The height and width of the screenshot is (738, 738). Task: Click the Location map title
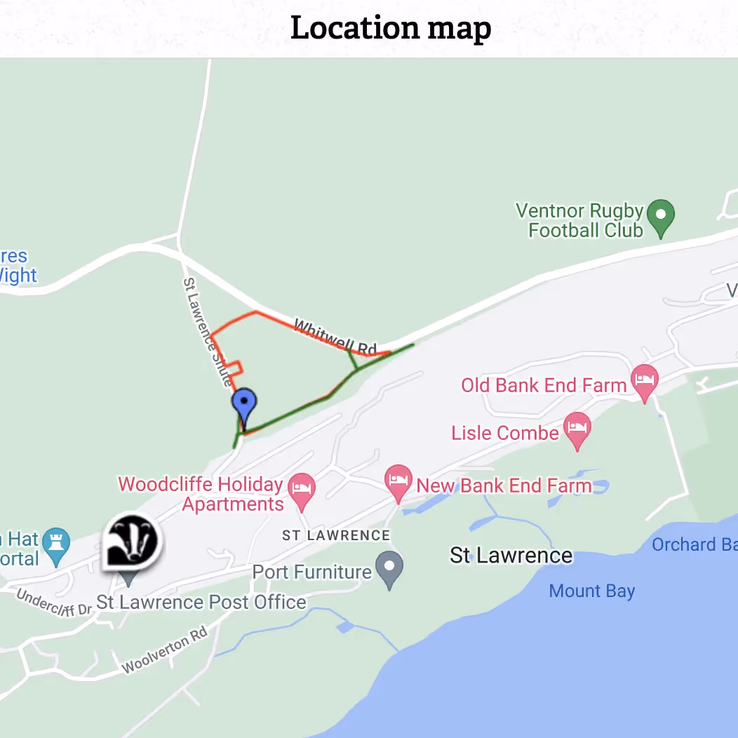pyautogui.click(x=391, y=29)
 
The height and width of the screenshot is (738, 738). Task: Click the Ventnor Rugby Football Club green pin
pyautogui.click(x=660, y=217)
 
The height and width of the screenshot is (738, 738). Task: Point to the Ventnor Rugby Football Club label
pyautogui.click(x=579, y=220)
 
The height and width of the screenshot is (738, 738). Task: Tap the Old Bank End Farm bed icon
pyautogui.click(x=645, y=381)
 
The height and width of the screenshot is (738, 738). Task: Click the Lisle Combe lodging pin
pyautogui.click(x=577, y=429)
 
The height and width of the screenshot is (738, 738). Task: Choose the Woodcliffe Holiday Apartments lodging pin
pyautogui.click(x=302, y=490)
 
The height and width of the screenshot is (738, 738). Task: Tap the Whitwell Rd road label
pyautogui.click(x=335, y=337)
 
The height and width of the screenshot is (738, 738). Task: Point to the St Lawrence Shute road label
pyautogui.click(x=207, y=332)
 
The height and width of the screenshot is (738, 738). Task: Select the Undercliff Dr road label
pyautogui.click(x=54, y=603)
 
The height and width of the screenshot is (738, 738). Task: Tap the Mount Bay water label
pyautogui.click(x=591, y=591)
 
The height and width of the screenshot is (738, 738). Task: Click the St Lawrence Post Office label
pyautogui.click(x=201, y=602)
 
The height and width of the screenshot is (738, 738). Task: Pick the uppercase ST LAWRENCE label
pyautogui.click(x=335, y=535)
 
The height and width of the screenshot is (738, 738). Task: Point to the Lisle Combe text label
pyautogui.click(x=505, y=433)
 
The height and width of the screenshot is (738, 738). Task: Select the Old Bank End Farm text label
pyautogui.click(x=544, y=385)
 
